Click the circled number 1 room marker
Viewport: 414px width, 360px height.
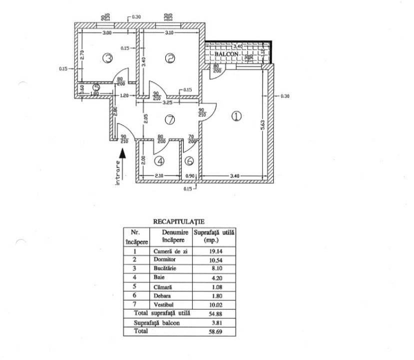(x=236, y=116)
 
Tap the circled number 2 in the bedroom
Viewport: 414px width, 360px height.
(x=170, y=58)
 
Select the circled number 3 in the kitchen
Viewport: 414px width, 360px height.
(x=107, y=58)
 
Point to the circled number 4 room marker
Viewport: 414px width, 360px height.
(x=159, y=161)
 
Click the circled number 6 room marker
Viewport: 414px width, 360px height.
(x=189, y=161)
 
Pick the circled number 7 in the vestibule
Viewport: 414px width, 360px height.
(x=170, y=119)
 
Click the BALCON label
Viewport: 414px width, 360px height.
(x=226, y=54)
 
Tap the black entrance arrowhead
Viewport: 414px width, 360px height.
(x=122, y=153)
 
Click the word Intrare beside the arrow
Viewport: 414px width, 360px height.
(x=118, y=173)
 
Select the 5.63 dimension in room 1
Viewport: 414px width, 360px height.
(x=263, y=125)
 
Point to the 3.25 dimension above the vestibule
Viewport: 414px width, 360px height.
(x=168, y=102)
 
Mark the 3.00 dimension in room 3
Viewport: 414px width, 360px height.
(x=107, y=33)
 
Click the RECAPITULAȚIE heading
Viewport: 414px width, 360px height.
(x=179, y=222)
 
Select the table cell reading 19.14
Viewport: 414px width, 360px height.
(x=216, y=251)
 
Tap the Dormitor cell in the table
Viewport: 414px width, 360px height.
(x=164, y=259)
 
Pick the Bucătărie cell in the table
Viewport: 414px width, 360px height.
(x=165, y=268)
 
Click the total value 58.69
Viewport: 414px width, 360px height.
(x=215, y=331)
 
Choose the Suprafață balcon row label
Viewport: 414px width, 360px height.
(x=157, y=323)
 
